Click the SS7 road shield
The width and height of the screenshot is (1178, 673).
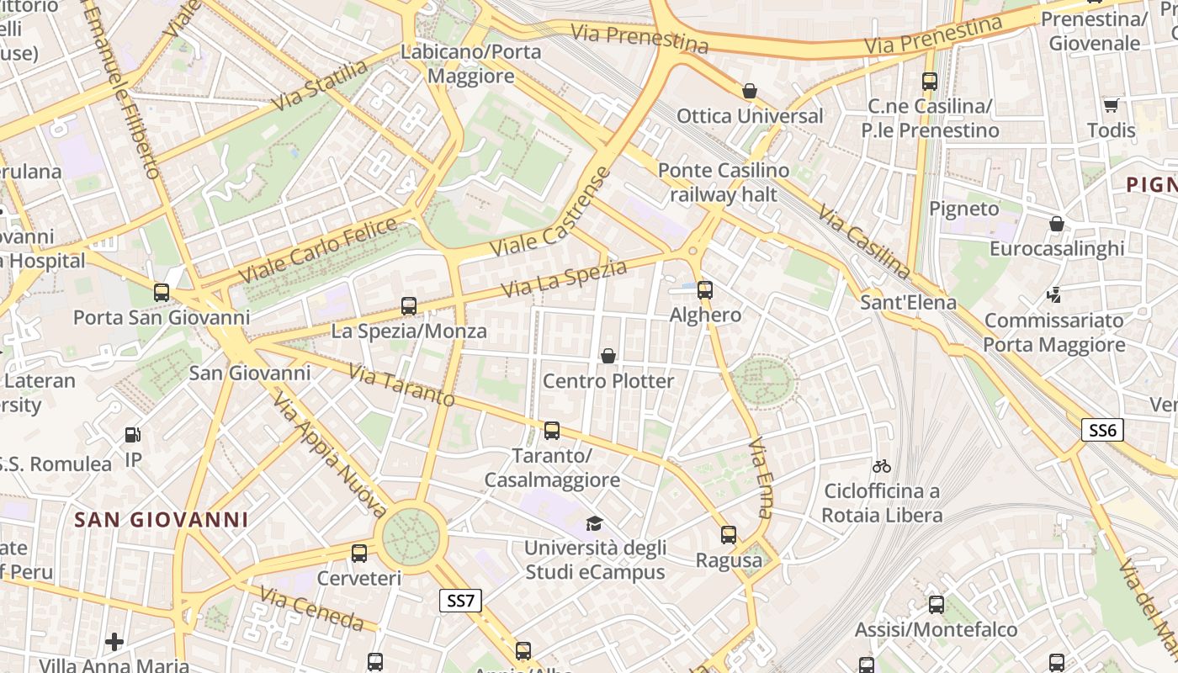(x=460, y=601)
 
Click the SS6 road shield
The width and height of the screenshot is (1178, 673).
(x=1102, y=431)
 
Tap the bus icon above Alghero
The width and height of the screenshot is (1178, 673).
(x=705, y=290)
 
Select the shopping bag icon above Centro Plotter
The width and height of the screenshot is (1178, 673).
(x=608, y=356)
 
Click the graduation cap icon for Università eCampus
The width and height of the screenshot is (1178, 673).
(x=595, y=523)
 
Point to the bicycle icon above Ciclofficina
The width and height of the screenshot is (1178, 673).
(x=882, y=466)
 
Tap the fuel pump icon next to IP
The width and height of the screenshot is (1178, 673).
(x=133, y=435)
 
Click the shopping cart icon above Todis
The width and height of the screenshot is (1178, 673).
(x=1111, y=105)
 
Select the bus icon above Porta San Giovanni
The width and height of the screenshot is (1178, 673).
(x=162, y=293)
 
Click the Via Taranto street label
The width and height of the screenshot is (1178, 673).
(x=401, y=385)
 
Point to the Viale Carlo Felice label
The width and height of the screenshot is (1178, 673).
(x=318, y=250)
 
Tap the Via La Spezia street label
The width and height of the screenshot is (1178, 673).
(x=565, y=278)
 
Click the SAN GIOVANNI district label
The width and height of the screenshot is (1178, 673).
(x=162, y=520)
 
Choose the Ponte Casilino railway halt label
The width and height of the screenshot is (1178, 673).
(x=724, y=183)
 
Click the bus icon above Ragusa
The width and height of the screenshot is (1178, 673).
(x=729, y=534)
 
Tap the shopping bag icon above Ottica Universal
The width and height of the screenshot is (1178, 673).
(x=750, y=91)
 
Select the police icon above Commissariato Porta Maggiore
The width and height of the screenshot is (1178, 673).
(x=1053, y=295)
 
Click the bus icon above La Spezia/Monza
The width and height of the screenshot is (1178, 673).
(x=409, y=306)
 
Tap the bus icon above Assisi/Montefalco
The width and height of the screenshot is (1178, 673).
(x=937, y=605)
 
